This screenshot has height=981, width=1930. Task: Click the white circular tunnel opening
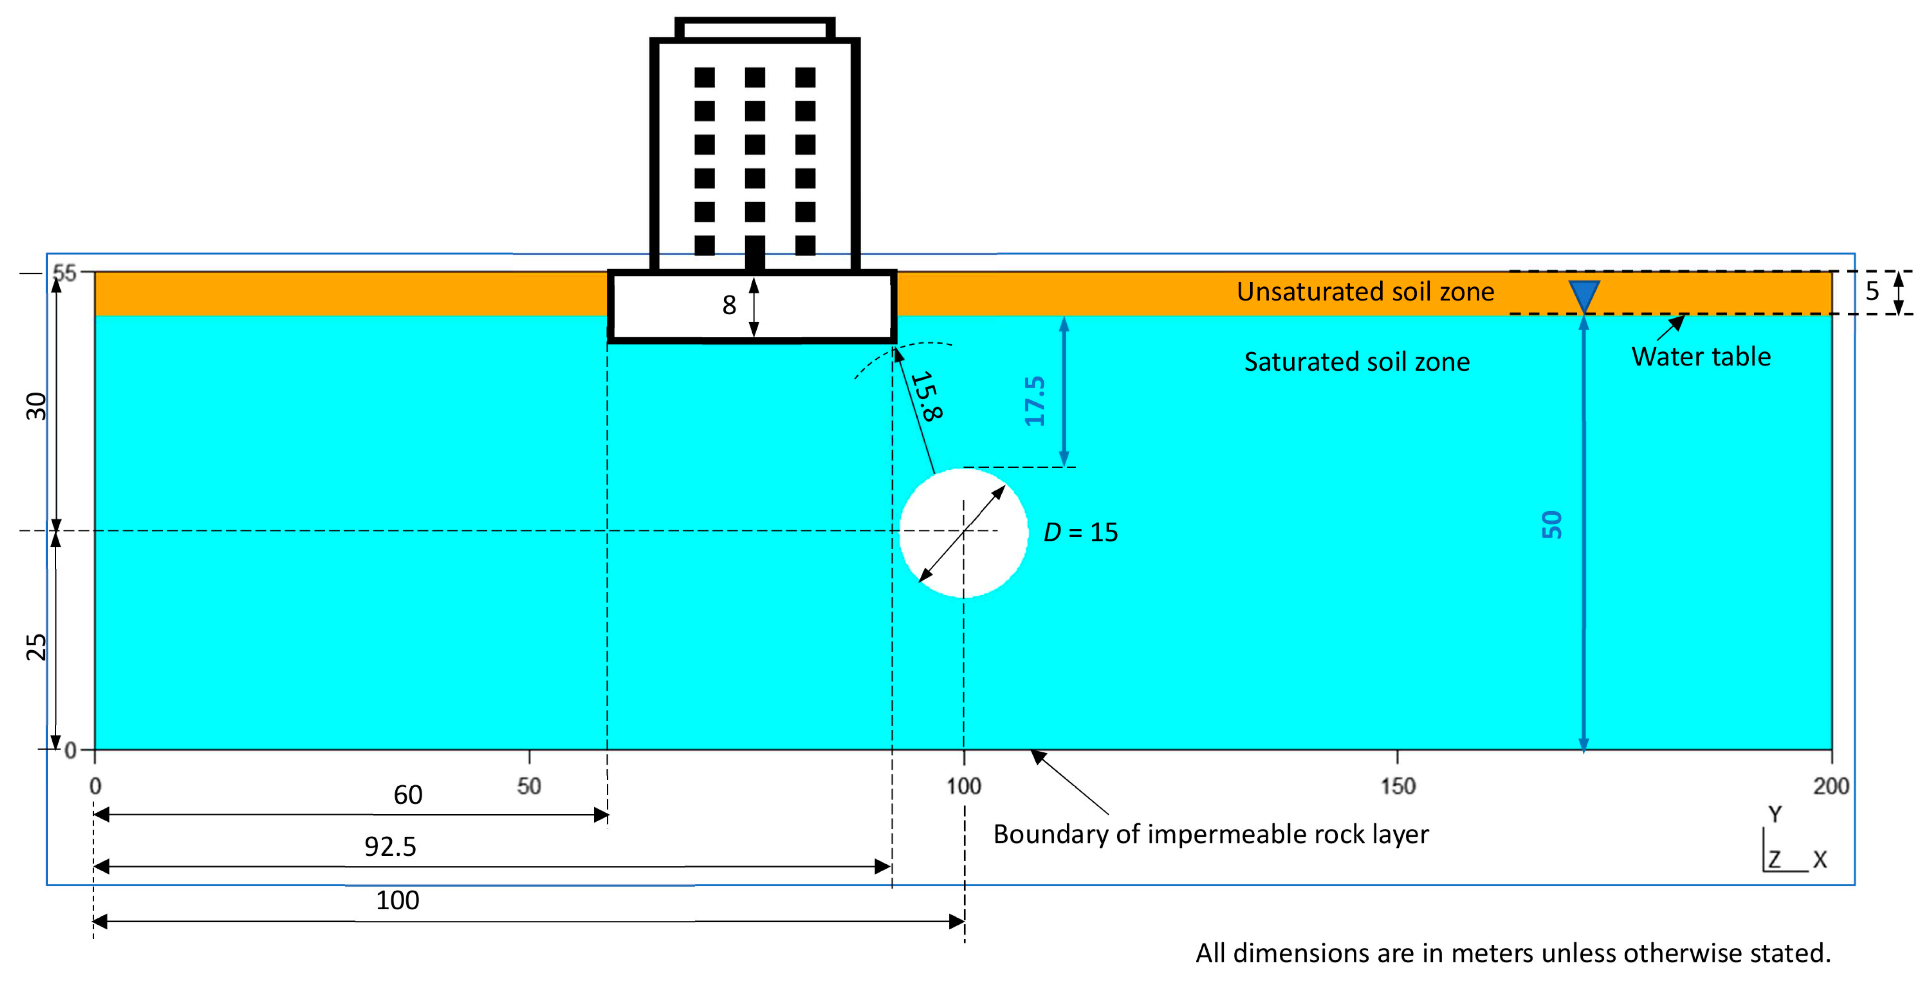coord(964,533)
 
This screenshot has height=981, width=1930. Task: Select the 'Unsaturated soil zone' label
coord(1365,292)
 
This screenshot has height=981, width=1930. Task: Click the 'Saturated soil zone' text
coord(1357,362)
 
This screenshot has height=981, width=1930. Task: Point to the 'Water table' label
coord(1701,357)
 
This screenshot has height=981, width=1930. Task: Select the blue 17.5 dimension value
coord(1035,402)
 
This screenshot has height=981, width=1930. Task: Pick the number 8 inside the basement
coord(729,305)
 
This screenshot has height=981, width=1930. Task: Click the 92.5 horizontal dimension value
coord(390,847)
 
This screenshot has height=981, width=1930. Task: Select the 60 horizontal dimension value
coord(408,794)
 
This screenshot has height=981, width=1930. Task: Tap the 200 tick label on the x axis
coord(1830,786)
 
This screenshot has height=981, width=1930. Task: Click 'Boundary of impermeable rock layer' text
coord(1211,834)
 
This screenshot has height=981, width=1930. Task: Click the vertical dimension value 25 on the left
coord(36,647)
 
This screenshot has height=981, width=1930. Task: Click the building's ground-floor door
coord(754,253)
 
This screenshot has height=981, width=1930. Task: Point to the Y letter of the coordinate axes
coord(1775,814)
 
